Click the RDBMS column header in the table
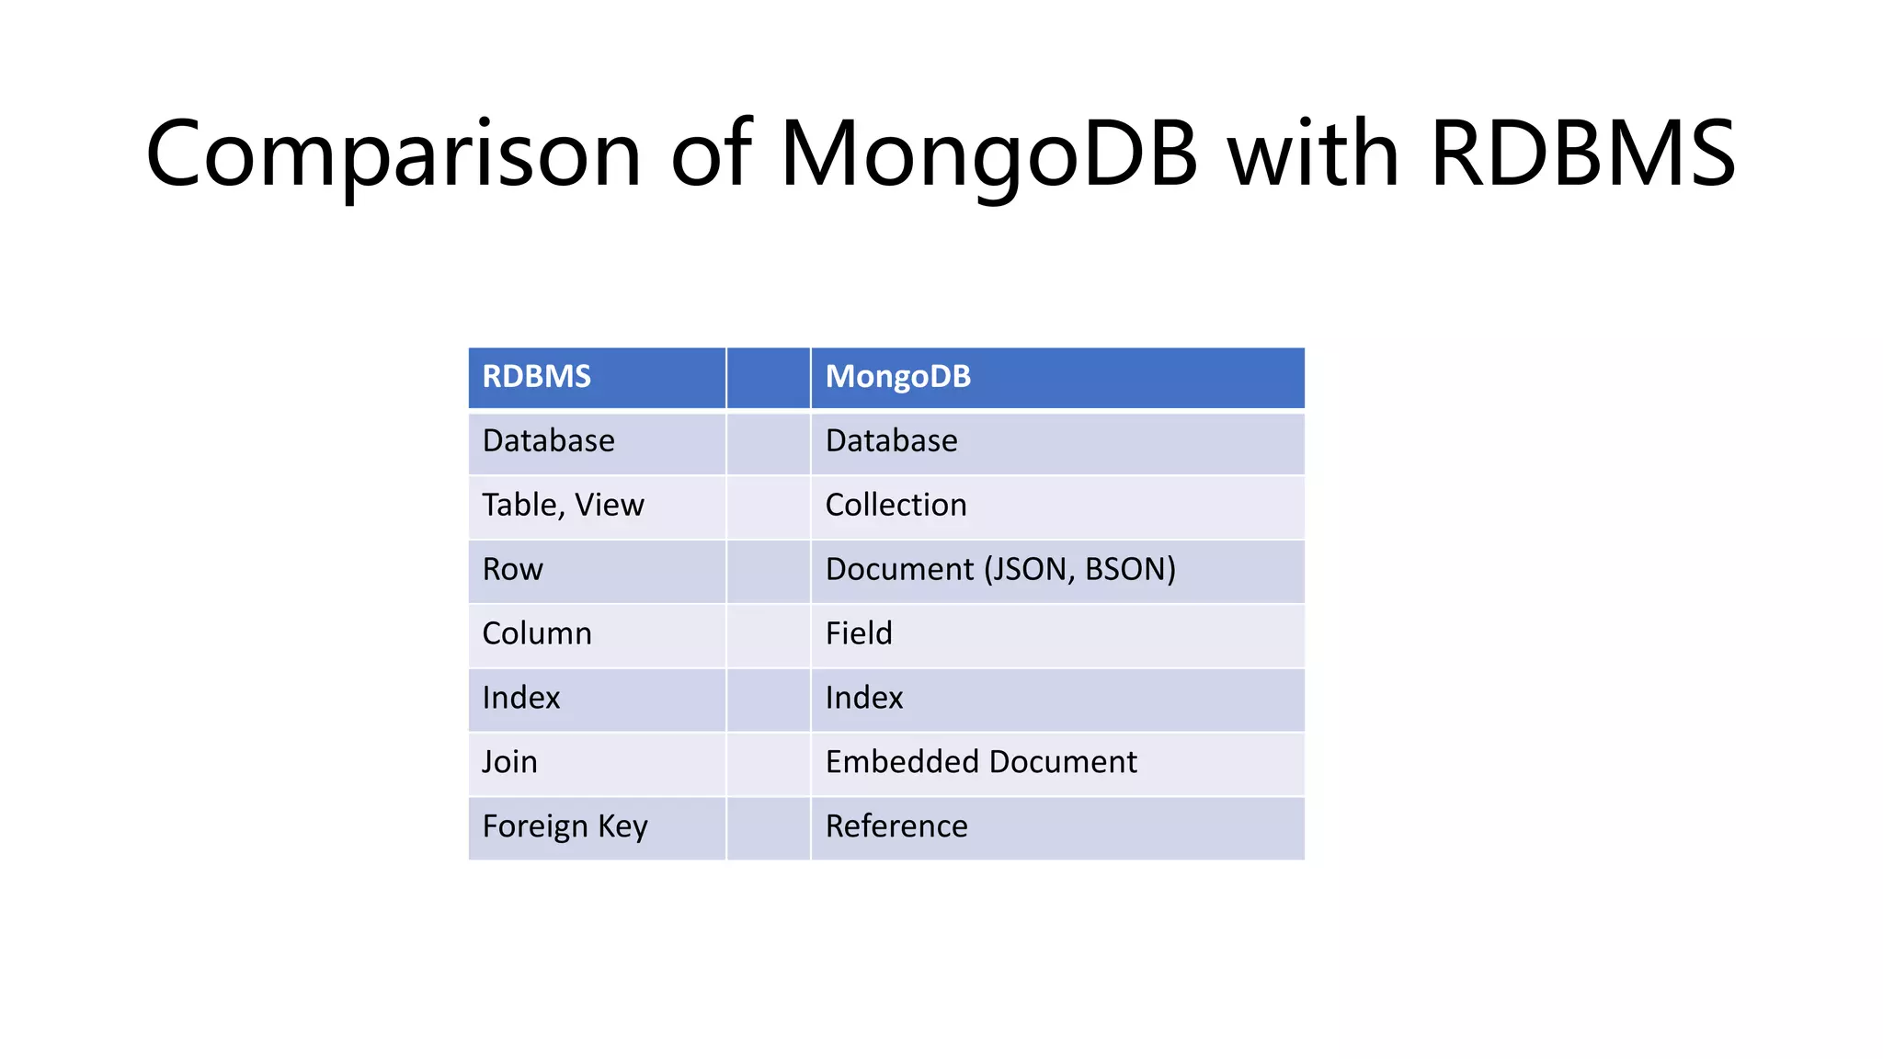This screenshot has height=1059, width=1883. [x=537, y=377]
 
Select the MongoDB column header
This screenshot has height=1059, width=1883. [x=897, y=377]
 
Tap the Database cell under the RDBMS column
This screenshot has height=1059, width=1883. [x=549, y=441]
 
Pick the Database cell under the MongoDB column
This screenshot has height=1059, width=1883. [x=891, y=441]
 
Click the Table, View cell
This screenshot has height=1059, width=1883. [x=563, y=506]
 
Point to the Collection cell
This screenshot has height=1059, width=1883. [x=896, y=506]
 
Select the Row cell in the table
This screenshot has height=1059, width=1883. [x=512, y=570]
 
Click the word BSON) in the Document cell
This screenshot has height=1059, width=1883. [x=1130, y=570]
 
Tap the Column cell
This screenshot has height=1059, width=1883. [x=537, y=634]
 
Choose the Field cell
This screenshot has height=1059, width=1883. [x=859, y=634]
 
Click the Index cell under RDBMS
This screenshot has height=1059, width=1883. [x=520, y=699]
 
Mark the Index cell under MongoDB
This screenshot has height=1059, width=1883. [x=864, y=699]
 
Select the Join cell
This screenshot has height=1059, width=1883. [x=509, y=763]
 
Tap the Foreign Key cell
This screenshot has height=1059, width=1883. [x=565, y=827]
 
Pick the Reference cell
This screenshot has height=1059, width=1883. [x=896, y=827]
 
